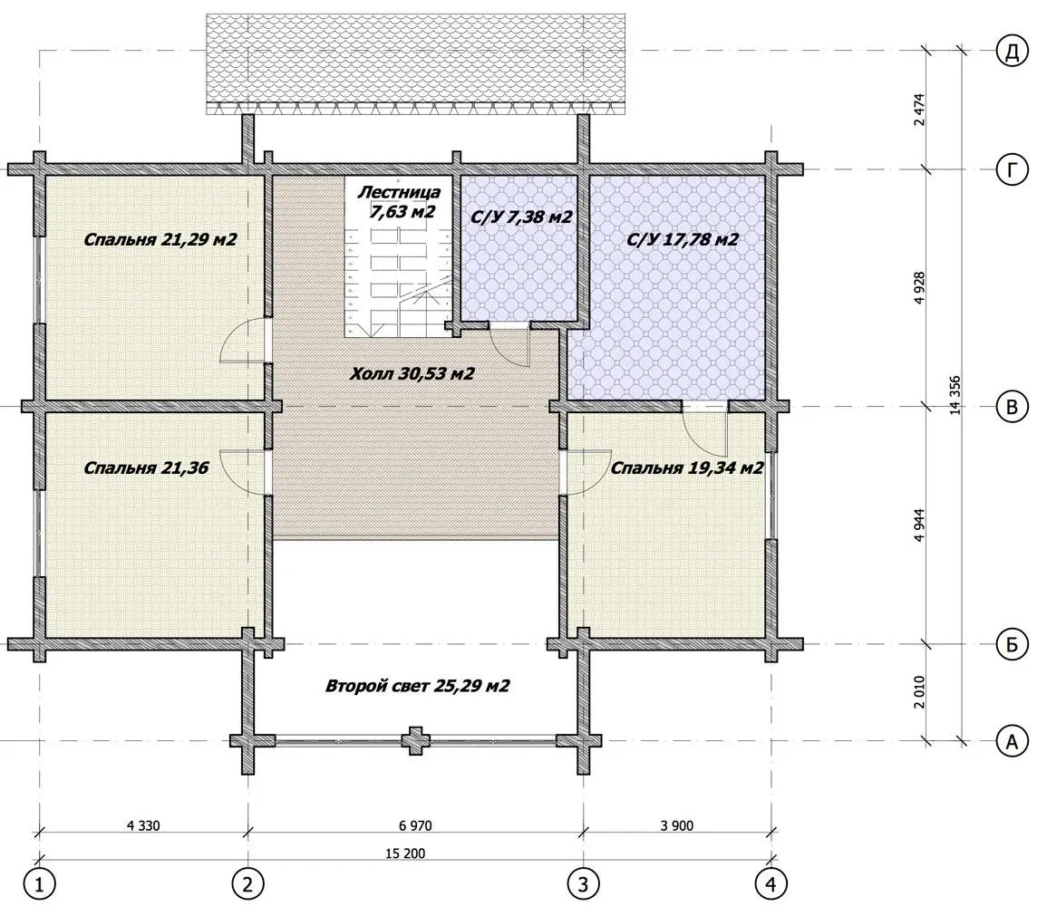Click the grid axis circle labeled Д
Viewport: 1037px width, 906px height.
coord(1012,52)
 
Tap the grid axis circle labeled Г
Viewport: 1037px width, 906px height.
coord(1012,170)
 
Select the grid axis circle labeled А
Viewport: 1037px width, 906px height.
coord(1012,741)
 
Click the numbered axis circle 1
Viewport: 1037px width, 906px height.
coord(39,882)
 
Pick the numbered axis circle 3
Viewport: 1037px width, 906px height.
coord(584,882)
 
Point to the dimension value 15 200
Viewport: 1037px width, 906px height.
coord(405,853)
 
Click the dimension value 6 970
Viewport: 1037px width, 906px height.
coord(415,825)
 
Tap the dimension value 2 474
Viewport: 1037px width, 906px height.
coord(919,111)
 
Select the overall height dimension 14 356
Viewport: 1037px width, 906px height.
coord(955,395)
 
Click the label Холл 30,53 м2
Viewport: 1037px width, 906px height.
coord(412,374)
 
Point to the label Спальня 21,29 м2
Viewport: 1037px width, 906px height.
coord(160,239)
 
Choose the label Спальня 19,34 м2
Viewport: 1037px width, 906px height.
coord(686,467)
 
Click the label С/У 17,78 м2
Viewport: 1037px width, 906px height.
coord(683,239)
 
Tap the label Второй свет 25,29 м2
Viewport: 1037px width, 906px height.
coord(417,686)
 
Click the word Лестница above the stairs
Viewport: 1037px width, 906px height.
coord(399,192)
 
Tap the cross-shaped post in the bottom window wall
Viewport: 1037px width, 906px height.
coord(415,741)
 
